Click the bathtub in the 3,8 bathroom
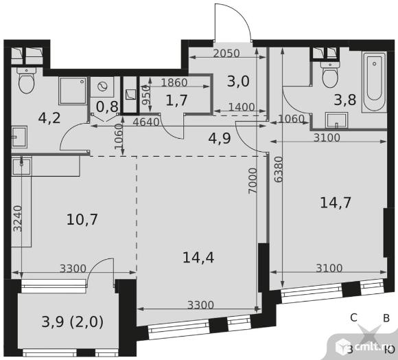click(374, 82)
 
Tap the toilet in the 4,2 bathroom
click(26, 80)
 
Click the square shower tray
click(73, 91)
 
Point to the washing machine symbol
click(102, 87)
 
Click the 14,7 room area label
click(336, 203)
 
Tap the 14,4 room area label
click(198, 257)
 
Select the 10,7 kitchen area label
click(82, 219)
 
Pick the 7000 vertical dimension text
click(253, 181)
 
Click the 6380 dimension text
click(279, 169)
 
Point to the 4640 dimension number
click(146, 122)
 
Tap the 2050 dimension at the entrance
click(226, 54)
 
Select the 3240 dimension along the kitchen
click(18, 218)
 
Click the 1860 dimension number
click(174, 82)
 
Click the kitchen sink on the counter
click(22, 166)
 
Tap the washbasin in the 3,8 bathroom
click(336, 120)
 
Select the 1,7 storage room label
click(176, 100)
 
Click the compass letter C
click(353, 317)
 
